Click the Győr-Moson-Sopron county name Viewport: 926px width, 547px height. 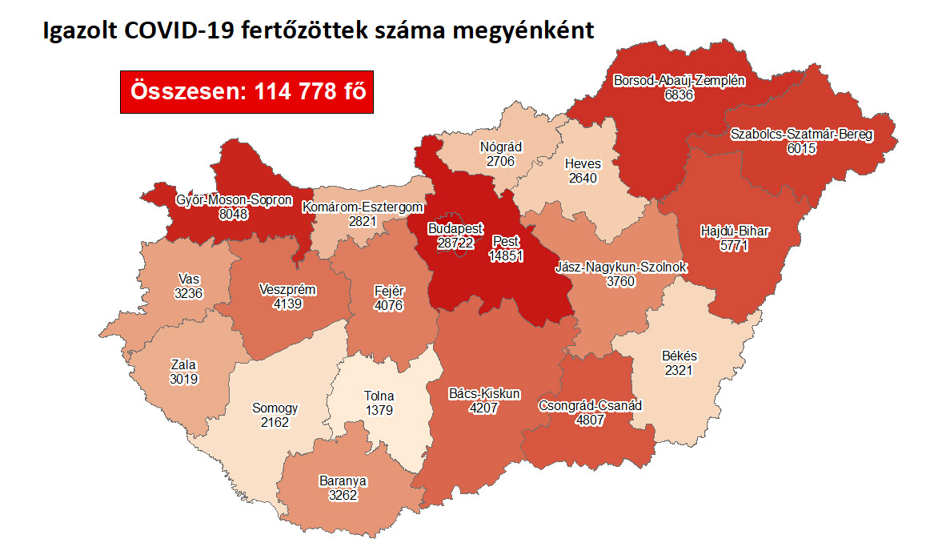pyautogui.click(x=235, y=200)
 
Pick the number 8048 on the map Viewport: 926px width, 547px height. pyautogui.click(x=234, y=215)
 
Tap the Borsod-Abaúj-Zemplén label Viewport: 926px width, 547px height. pyautogui.click(x=679, y=80)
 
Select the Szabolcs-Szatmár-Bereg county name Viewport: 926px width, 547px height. pyautogui.click(x=801, y=135)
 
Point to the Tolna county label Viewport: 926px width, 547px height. pyautogui.click(x=379, y=396)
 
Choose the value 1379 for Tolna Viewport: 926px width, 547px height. pyautogui.click(x=379, y=410)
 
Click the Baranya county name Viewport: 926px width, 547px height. pyautogui.click(x=343, y=481)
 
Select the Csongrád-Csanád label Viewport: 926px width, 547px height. pyautogui.click(x=590, y=405)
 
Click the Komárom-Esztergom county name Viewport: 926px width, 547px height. pyautogui.click(x=362, y=207)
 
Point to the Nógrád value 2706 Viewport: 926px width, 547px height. pyautogui.click(x=500, y=161)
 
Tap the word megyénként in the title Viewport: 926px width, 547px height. pyautogui.click(x=525, y=31)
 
